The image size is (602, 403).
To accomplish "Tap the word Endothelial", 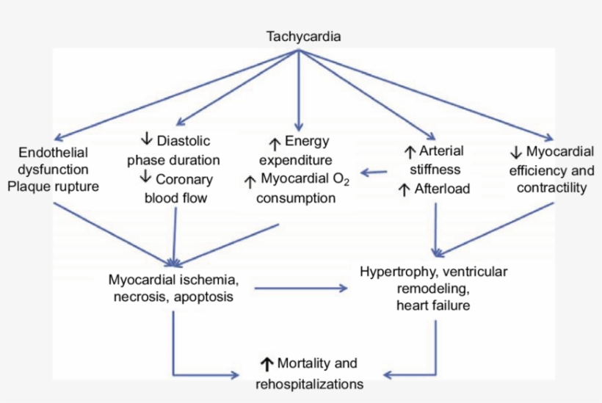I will [x=55, y=153].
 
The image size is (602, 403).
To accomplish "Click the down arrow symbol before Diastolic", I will [x=145, y=139].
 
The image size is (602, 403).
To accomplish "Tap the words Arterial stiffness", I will [x=435, y=161].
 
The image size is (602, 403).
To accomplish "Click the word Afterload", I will [x=441, y=189].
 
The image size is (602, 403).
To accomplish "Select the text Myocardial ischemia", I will [x=173, y=280].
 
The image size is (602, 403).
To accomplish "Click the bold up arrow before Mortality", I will [x=266, y=363].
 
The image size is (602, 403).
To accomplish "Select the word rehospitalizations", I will [x=308, y=383].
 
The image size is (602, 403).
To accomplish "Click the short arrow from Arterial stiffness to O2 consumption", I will [x=374, y=173].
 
